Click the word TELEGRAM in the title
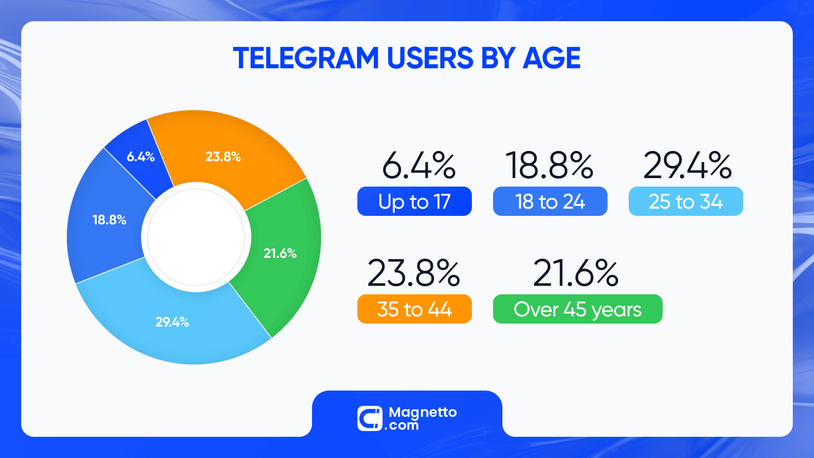coord(306,58)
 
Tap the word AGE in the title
coord(552,58)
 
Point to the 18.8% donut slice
coord(108,221)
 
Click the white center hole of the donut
coord(196,237)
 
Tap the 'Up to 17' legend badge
coord(414,201)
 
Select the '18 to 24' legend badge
coord(550,201)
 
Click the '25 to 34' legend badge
coord(686,201)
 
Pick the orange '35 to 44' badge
coord(414,309)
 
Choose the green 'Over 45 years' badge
coord(577,309)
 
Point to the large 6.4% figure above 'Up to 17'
coord(418,165)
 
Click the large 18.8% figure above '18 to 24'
coord(549,165)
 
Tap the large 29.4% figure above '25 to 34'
coord(687,165)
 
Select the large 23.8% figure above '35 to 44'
coord(413,273)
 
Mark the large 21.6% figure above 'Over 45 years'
coord(576,273)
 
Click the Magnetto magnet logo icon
coord(370,419)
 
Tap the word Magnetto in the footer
coord(423,412)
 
